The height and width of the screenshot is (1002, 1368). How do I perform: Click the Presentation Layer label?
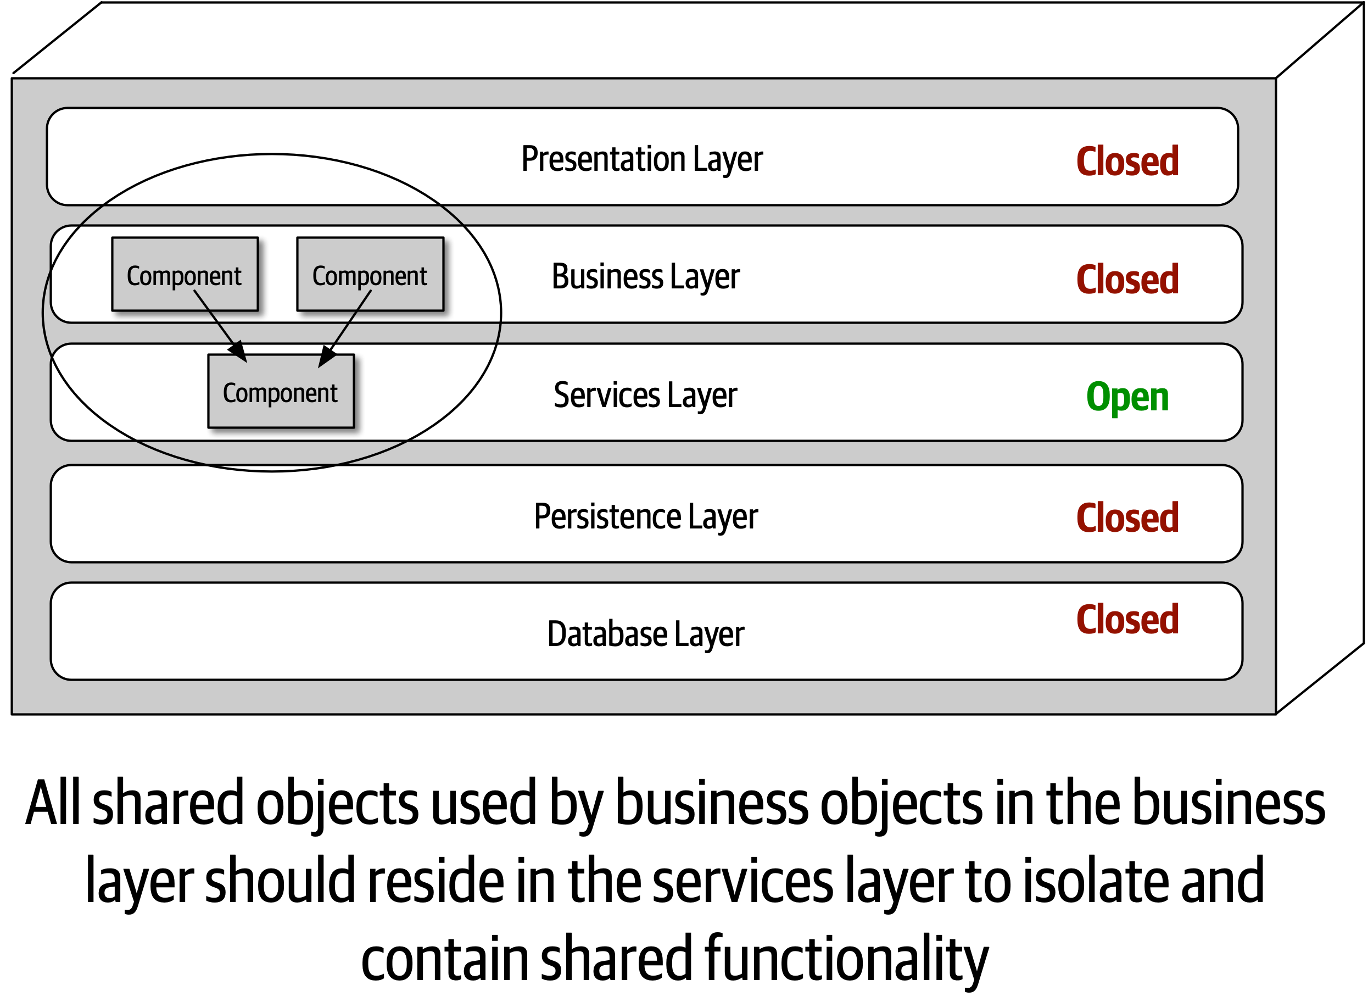click(641, 159)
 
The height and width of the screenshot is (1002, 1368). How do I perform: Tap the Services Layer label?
click(645, 395)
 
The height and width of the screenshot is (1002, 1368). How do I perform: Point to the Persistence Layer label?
click(645, 516)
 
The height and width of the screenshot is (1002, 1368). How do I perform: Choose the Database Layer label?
click(645, 634)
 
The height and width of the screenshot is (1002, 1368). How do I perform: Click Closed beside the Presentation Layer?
click(1127, 162)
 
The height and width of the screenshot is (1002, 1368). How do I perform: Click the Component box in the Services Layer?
click(280, 392)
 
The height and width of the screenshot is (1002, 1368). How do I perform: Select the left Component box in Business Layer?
click(185, 274)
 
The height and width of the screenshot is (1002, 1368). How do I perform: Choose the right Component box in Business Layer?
click(370, 274)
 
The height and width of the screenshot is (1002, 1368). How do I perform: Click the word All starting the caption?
click(52, 802)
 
